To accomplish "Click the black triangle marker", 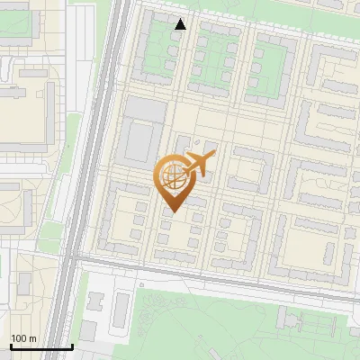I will click(x=181, y=24).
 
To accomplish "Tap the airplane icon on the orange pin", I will click(x=201, y=164).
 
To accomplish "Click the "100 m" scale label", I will click(x=23, y=338).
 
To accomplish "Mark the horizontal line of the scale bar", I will click(x=40, y=346).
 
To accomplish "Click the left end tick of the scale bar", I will click(x=10, y=345).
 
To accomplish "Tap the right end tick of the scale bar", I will click(x=72, y=345).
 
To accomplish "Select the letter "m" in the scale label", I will click(x=32, y=338).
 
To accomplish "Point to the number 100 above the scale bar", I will click(x=19, y=338).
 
